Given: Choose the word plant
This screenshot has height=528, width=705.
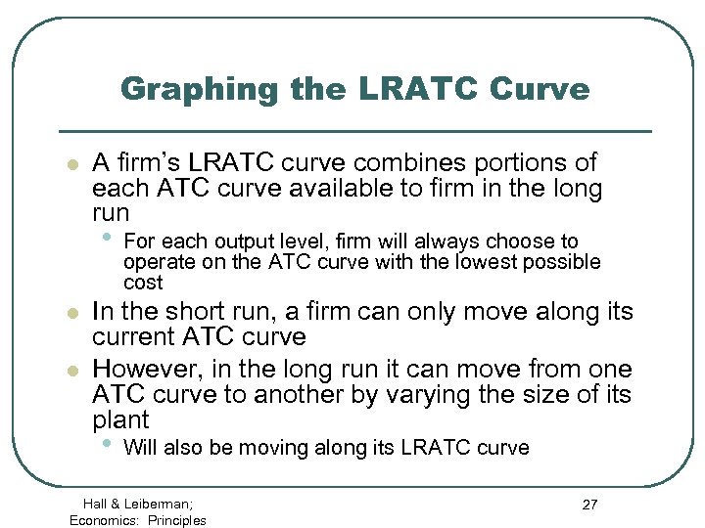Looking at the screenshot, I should click(120, 421).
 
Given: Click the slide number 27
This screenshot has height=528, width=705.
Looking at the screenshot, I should click(589, 505).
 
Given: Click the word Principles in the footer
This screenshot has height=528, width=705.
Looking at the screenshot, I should click(177, 520).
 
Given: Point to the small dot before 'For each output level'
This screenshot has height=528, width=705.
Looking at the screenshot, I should click(108, 238).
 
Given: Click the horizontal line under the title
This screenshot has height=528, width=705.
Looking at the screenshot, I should click(355, 130).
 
